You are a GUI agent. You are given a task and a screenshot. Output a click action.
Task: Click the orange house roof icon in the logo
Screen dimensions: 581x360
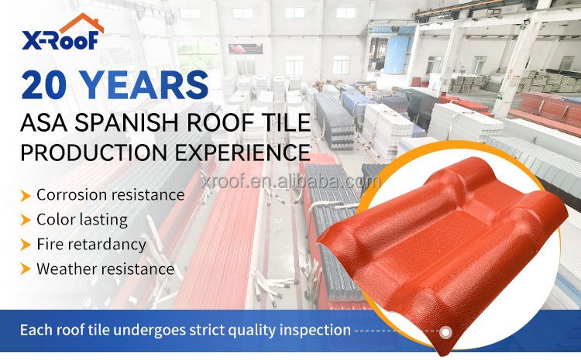tap(82, 22)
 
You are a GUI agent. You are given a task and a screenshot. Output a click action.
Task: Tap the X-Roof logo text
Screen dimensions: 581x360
tap(60, 39)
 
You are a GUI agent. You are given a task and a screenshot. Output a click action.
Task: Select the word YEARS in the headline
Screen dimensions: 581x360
tap(144, 85)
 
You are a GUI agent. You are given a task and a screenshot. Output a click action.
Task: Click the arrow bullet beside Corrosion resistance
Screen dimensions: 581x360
tap(26, 196)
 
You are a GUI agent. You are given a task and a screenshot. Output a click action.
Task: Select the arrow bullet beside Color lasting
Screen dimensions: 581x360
tap(26, 220)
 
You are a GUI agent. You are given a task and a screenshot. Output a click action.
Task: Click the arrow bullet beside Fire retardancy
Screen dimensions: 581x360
tap(26, 245)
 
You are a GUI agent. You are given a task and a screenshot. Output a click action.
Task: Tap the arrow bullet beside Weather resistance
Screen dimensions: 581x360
tap(26, 269)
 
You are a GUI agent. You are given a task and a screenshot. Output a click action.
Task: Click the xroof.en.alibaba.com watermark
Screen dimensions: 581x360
tap(290, 181)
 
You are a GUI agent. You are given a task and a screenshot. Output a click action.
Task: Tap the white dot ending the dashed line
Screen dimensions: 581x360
tap(445, 332)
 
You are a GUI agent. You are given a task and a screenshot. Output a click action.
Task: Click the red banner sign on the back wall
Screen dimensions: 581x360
tap(246, 49)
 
